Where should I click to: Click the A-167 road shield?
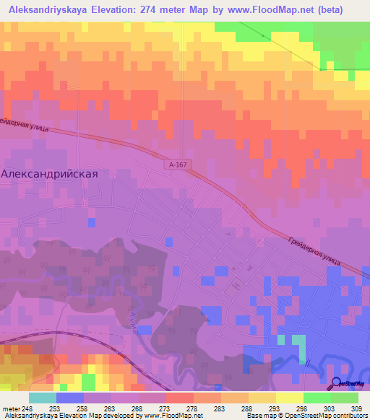point(177,165)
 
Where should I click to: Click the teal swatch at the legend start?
point(42,398)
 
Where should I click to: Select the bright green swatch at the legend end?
point(344,398)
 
